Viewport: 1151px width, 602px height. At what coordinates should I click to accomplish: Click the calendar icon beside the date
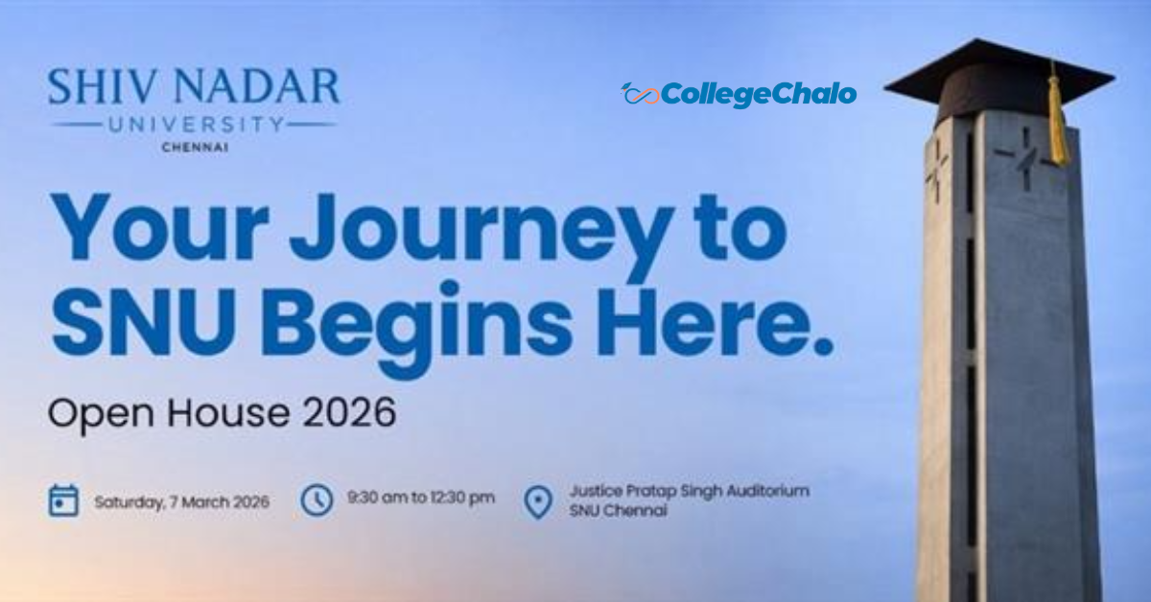[63, 500]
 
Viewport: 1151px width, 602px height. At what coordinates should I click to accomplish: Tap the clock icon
[317, 499]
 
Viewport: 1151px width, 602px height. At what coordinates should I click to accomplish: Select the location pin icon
[538, 502]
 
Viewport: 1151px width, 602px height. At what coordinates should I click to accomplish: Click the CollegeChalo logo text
[759, 95]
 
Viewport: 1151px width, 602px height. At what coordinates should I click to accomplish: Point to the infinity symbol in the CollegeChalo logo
[641, 95]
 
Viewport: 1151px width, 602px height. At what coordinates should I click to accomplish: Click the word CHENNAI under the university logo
[196, 148]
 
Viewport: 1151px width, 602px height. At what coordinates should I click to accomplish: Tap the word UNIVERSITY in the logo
[196, 125]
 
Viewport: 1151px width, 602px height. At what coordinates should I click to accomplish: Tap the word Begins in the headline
[417, 329]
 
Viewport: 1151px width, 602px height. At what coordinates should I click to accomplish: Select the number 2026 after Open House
[349, 412]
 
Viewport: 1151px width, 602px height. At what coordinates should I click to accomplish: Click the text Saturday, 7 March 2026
[182, 502]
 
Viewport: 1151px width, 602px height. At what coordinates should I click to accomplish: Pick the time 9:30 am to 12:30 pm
[421, 498]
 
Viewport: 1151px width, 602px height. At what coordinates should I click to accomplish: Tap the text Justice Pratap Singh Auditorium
[689, 491]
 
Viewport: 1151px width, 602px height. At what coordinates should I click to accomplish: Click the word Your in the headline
[159, 227]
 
